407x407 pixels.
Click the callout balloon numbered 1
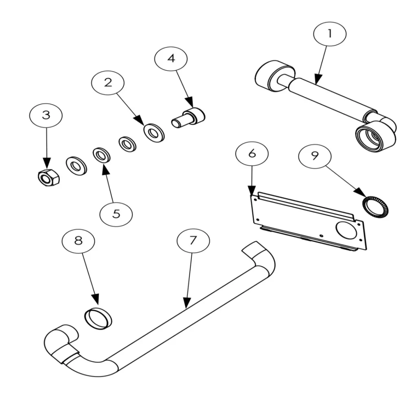(330, 34)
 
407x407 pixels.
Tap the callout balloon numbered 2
(108, 83)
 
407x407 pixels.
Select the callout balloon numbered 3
(46, 115)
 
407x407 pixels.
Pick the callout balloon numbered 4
(171, 59)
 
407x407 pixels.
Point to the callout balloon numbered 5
(116, 214)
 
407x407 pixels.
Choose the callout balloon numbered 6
(252, 154)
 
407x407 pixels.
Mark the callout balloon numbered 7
(193, 241)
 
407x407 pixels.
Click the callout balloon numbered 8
(78, 240)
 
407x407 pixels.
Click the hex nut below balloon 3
(48, 177)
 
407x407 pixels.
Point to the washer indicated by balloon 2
(154, 132)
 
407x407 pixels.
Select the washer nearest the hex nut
(76, 165)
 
